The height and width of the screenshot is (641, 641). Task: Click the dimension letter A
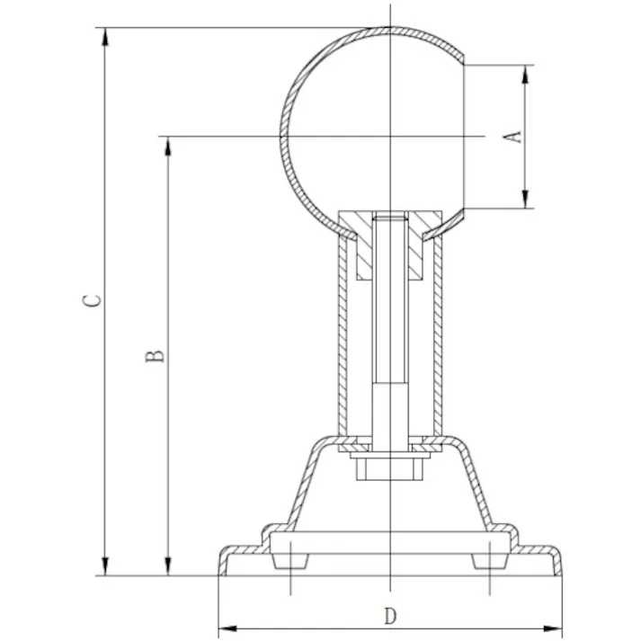pos(512,137)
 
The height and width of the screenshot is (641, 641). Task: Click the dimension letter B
pos(155,356)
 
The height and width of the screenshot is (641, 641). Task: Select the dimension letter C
pos(92,300)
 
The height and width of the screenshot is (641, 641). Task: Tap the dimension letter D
pos(390,616)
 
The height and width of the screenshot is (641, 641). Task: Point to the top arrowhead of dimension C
pos(105,37)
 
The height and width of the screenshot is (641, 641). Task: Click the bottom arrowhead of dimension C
pos(105,566)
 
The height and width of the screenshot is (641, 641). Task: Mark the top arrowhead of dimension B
pos(168,146)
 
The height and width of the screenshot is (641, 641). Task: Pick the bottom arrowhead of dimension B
pos(168,566)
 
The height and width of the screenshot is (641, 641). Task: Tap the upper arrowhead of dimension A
pos(526,75)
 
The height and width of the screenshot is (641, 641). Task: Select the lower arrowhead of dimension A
pos(526,199)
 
